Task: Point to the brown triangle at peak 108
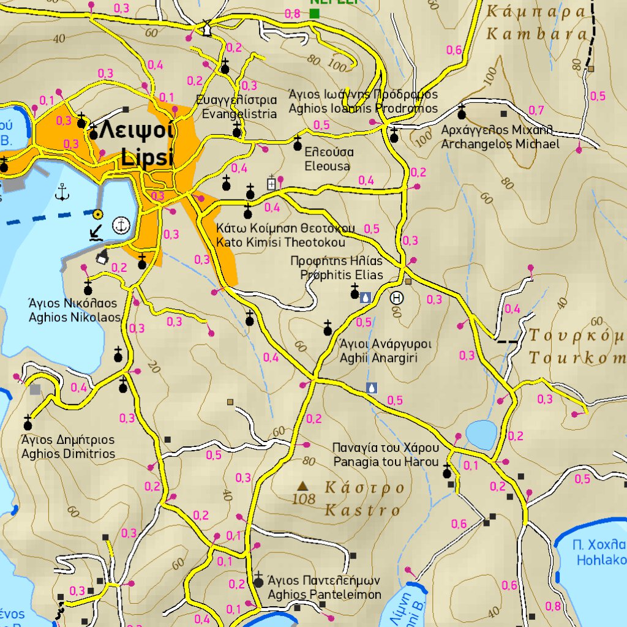pyautogui.click(x=302, y=486)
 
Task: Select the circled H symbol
pyautogui.click(x=397, y=298)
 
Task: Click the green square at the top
pyautogui.click(x=315, y=13)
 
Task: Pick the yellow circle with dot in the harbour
pyautogui.click(x=97, y=214)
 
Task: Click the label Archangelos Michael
pyautogui.click(x=500, y=144)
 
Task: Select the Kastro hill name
pyautogui.click(x=362, y=509)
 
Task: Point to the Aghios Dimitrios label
pyautogui.click(x=68, y=454)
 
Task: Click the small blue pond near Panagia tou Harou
pyautogui.click(x=481, y=434)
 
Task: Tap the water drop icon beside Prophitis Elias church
pyautogui.click(x=366, y=297)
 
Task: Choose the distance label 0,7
pyautogui.click(x=536, y=110)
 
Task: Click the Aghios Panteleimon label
pyautogui.click(x=325, y=595)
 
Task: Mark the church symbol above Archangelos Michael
pyautogui.click(x=461, y=113)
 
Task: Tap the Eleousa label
pyautogui.click(x=327, y=166)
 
